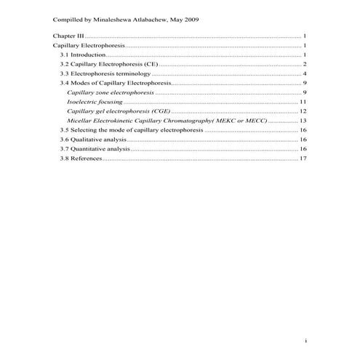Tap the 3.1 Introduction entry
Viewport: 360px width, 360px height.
point(84,55)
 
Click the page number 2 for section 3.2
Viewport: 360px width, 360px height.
point(303,64)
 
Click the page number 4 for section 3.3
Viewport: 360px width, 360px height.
point(303,73)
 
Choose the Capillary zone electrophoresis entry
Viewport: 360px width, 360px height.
point(110,92)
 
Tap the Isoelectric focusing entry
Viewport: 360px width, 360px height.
point(95,102)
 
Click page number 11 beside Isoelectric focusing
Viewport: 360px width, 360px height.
point(302,102)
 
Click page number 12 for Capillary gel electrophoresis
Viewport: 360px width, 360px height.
point(302,111)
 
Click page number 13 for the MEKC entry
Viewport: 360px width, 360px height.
point(302,121)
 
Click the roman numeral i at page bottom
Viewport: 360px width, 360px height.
point(305,340)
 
